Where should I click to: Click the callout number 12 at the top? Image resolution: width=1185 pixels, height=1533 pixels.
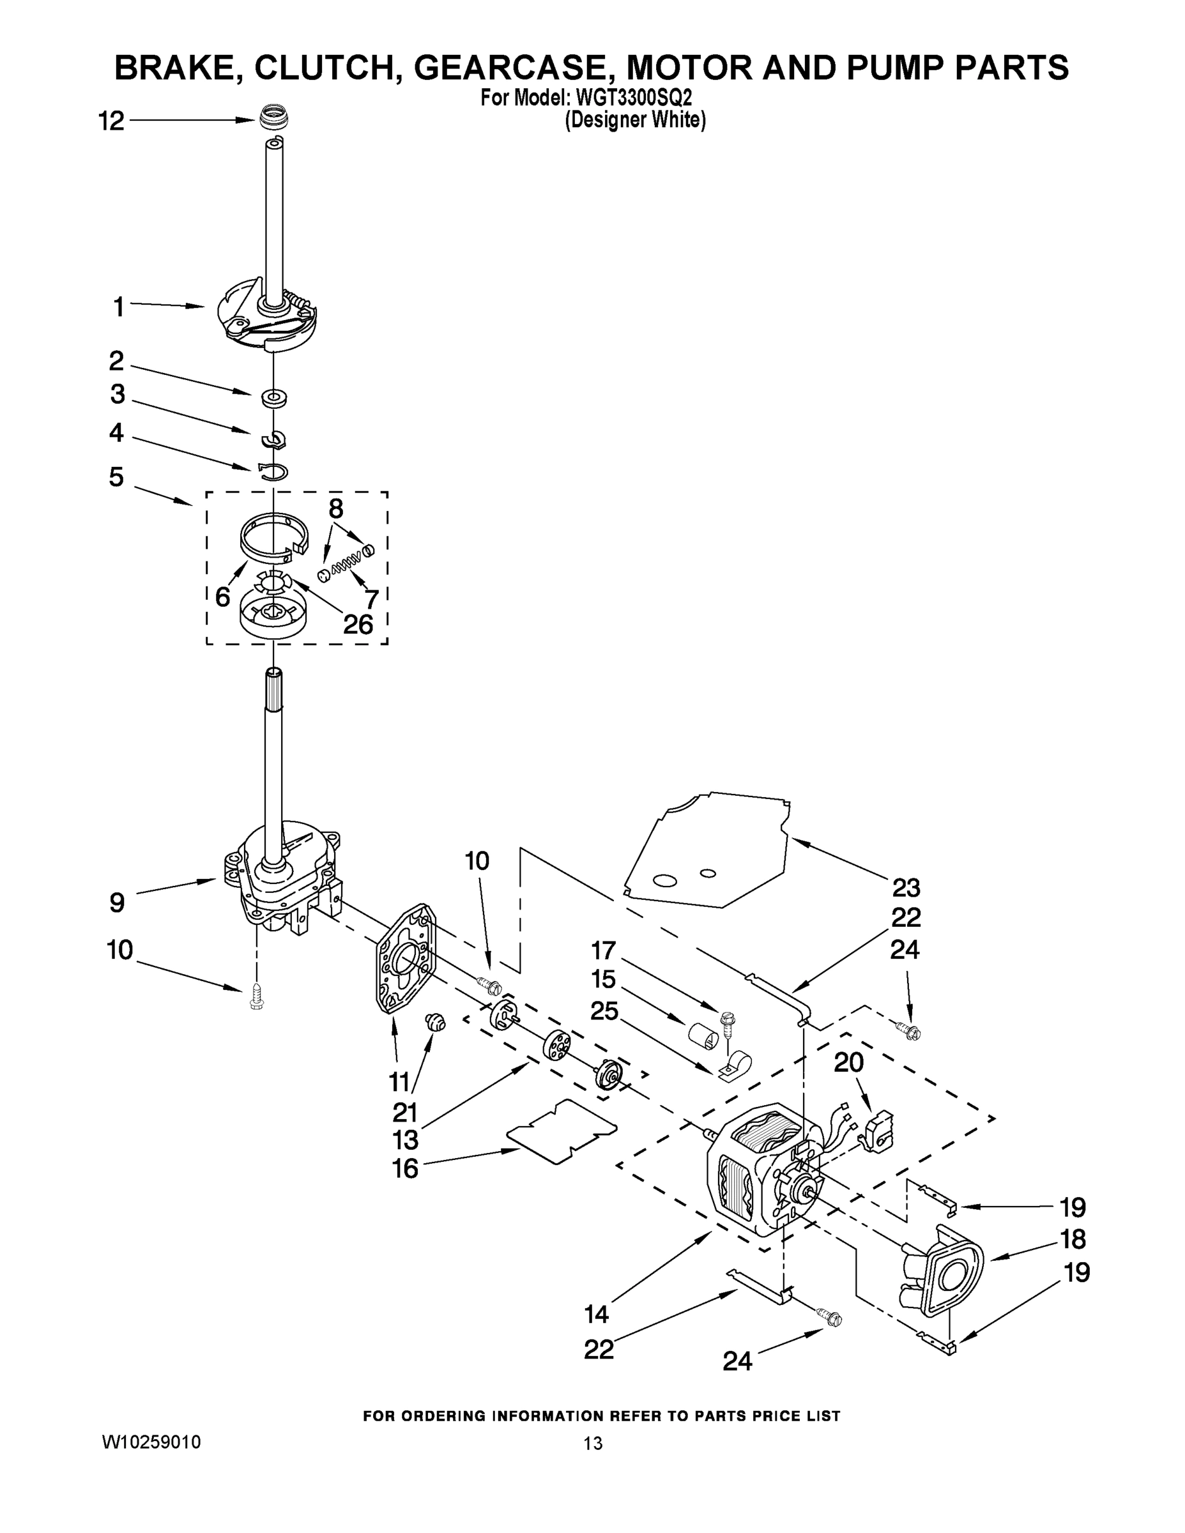click(x=111, y=121)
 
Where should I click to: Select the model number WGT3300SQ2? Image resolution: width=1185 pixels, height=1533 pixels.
click(x=639, y=97)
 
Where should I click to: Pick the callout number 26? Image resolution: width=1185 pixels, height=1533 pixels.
click(x=358, y=624)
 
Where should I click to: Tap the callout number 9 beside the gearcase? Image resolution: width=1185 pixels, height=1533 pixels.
click(x=118, y=902)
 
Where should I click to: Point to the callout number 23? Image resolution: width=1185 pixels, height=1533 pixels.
click(x=906, y=888)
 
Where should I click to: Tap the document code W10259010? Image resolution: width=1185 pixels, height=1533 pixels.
click(x=151, y=1442)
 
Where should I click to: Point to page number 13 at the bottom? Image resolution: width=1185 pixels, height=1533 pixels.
click(x=593, y=1444)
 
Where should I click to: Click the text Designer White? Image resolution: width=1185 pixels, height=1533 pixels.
click(x=636, y=120)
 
